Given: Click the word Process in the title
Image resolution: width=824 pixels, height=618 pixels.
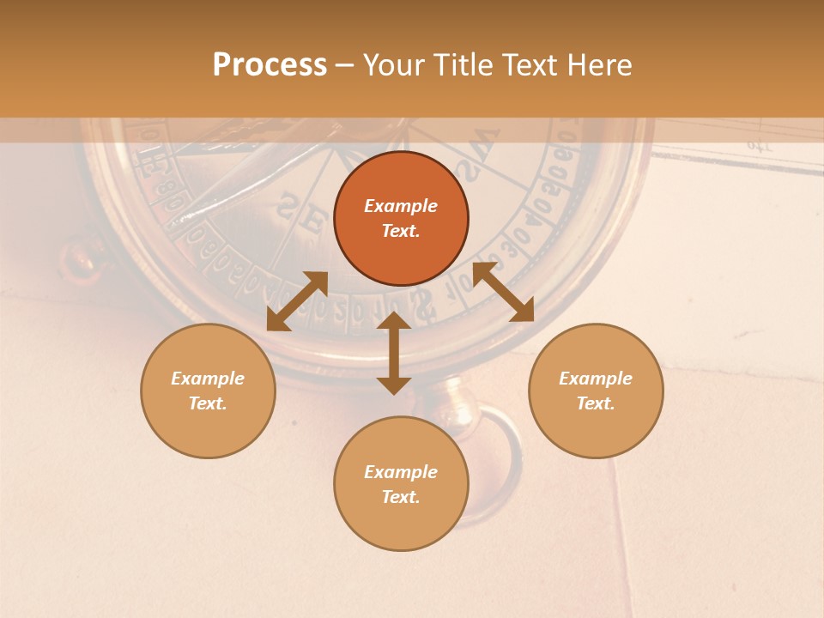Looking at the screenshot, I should click(x=270, y=65).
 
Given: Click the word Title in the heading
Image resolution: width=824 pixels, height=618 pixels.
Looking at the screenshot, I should click(x=460, y=65).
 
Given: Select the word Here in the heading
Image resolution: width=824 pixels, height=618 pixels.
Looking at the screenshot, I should click(x=600, y=65).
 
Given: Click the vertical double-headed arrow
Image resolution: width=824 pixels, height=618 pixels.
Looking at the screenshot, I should click(x=394, y=353).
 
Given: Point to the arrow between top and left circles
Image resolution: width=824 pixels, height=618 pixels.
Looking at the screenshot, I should click(x=297, y=301).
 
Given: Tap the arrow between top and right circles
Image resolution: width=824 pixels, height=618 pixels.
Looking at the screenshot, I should click(x=503, y=292).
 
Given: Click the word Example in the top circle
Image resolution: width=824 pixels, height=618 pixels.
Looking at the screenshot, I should click(x=401, y=206).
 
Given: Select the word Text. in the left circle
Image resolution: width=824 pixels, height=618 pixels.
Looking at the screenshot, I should click(x=208, y=403).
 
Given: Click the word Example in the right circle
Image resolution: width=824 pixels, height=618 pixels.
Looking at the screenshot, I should click(x=596, y=379).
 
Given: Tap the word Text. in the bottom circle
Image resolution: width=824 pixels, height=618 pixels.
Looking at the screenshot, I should click(x=401, y=497).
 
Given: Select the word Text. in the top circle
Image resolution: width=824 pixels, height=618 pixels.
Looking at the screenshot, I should click(x=401, y=231).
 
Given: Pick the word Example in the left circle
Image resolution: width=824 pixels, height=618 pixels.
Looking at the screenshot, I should click(x=208, y=379).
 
